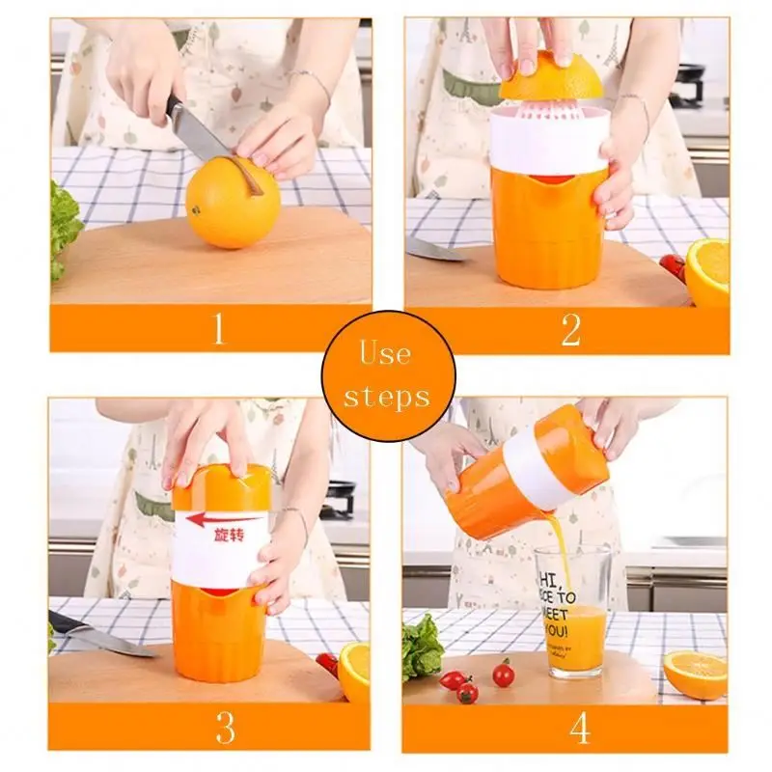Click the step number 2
point(570,329)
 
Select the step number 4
point(579,729)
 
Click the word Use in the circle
point(386,353)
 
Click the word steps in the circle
point(386,397)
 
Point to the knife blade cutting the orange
point(198,135)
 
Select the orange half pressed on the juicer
point(550,77)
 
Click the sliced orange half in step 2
point(708,271)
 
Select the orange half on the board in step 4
point(695,673)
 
